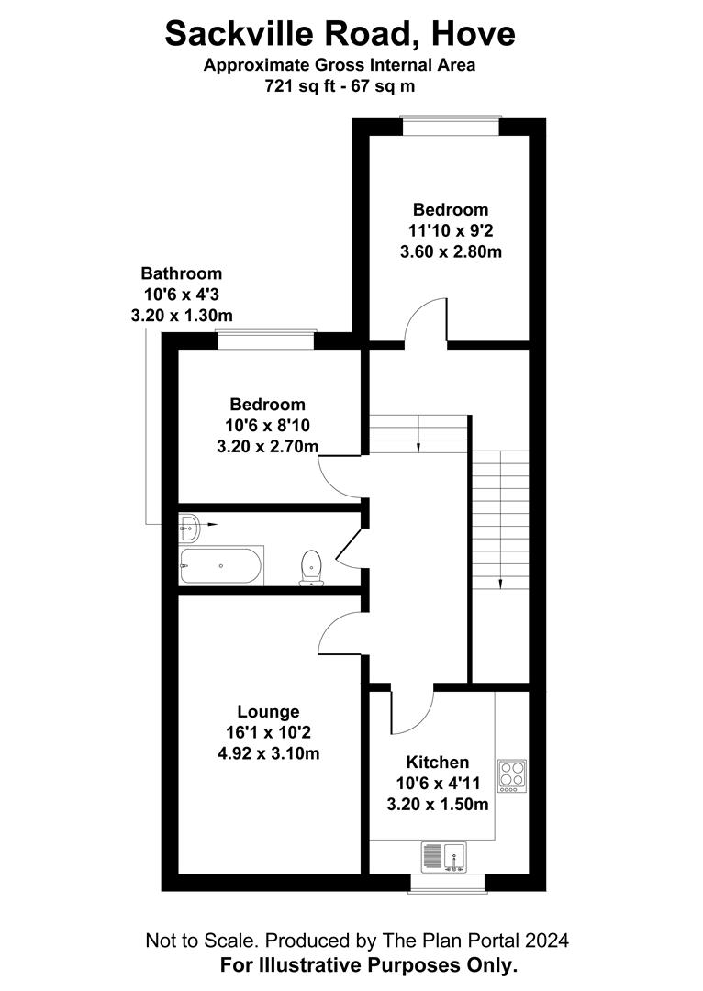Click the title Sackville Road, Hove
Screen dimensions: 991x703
340,34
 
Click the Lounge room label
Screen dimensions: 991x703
268,711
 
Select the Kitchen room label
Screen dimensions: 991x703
438,762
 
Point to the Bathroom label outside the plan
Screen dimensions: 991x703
181,273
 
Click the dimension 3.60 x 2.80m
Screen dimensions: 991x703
451,251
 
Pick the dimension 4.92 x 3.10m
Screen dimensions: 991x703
268,753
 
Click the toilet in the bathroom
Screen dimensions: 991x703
311,567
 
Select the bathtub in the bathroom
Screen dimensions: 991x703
222,565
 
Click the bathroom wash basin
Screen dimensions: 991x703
188,526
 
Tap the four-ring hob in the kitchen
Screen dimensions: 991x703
510,776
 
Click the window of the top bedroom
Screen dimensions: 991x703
451,125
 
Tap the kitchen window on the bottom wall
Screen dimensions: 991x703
446,883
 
